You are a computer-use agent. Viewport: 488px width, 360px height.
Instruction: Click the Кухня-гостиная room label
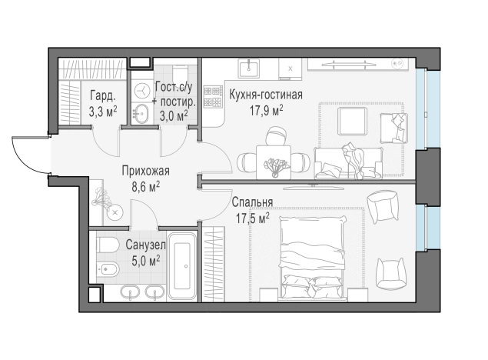coord(266,95)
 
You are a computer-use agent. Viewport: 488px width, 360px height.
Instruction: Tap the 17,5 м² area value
coord(252,218)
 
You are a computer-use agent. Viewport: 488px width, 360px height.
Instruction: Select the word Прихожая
coord(146,171)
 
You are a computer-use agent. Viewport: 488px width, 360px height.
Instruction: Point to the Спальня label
coord(252,202)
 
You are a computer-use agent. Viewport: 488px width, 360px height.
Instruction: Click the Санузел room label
coord(145,245)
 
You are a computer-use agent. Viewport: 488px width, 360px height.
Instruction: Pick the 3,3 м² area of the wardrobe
coord(103,112)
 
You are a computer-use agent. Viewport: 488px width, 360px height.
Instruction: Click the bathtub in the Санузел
coord(182,266)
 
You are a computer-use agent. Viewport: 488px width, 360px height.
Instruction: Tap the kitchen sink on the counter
coord(249,68)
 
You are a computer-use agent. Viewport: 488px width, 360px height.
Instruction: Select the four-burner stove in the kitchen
coord(213,97)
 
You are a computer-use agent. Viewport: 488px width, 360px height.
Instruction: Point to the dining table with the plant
coord(274,162)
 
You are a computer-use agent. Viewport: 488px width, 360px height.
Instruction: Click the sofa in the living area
coord(348,164)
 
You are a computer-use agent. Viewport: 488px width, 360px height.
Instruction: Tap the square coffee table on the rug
coord(352,121)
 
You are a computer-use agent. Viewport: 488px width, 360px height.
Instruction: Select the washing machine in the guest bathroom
coord(142,91)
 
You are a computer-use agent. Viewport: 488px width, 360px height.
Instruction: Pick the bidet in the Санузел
coord(108,268)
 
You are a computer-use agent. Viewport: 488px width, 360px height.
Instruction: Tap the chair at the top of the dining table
coord(276,136)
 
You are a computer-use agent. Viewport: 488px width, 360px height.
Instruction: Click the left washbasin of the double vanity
coord(129,293)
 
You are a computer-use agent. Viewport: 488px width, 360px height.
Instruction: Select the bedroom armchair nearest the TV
coord(383,207)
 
